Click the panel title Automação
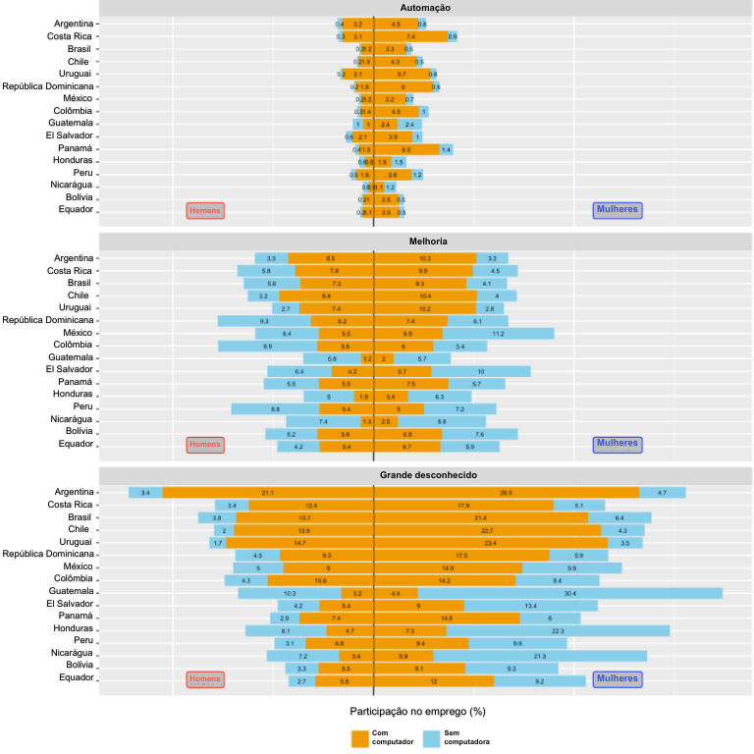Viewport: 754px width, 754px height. point(426,8)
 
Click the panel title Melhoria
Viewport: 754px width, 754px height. point(426,241)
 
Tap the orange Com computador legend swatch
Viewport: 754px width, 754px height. point(360,738)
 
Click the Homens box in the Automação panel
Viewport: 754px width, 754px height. point(205,210)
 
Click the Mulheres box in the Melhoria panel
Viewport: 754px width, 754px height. point(618,444)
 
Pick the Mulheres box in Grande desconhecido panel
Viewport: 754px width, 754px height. point(618,677)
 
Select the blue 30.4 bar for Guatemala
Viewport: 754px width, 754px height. point(570,593)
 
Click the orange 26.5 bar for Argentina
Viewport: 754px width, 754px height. point(507,492)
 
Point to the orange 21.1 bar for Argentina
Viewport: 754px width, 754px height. point(268,492)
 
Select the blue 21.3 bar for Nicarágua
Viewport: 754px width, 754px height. point(540,655)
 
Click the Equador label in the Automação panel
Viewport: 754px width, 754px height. point(76,209)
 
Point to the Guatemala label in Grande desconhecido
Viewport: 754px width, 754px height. point(68,592)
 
